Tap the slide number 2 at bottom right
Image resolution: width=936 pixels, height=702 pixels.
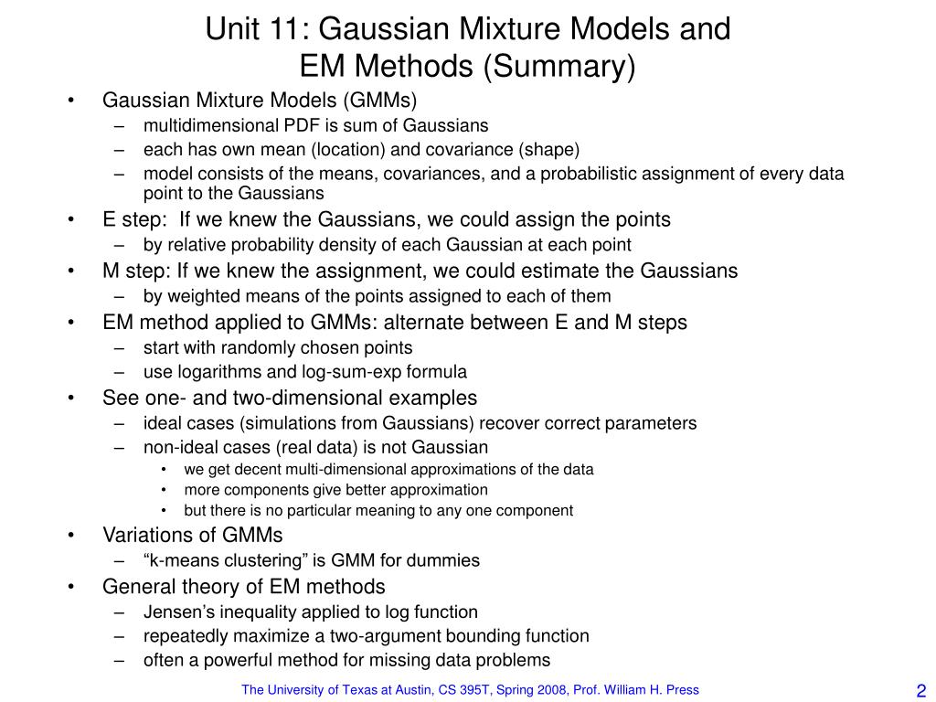(x=920, y=691)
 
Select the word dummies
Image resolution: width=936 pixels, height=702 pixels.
(x=449, y=560)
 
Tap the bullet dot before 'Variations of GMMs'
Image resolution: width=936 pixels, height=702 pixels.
(x=70, y=535)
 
